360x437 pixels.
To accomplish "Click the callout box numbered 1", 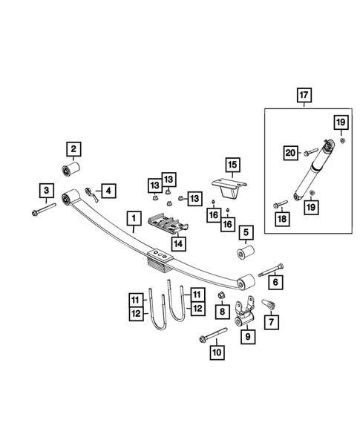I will [133, 219].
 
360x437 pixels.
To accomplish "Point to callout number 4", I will [108, 191].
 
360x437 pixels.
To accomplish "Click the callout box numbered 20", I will [292, 154].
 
